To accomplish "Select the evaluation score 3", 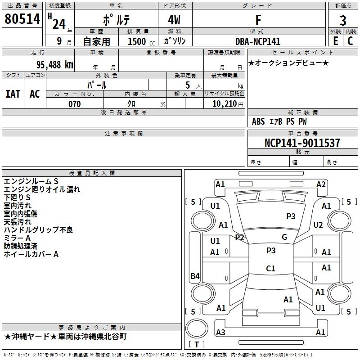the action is [343, 21].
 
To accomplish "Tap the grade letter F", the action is [258, 20].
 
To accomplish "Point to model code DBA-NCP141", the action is [258, 41].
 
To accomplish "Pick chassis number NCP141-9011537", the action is [302, 143].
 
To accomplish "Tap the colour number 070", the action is [74, 104].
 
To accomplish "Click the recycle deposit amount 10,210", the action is [224, 104].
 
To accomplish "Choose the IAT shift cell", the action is [13, 94].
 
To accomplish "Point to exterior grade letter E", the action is [335, 40].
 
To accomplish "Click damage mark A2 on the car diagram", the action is [321, 184].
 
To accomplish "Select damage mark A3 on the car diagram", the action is [220, 332].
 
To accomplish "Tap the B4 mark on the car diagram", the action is [195, 276].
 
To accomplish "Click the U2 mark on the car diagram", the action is [318, 225].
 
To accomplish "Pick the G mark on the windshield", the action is [284, 237].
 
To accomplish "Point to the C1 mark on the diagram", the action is [270, 269].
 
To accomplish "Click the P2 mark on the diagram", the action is [239, 237].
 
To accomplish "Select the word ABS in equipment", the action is [258, 121].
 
